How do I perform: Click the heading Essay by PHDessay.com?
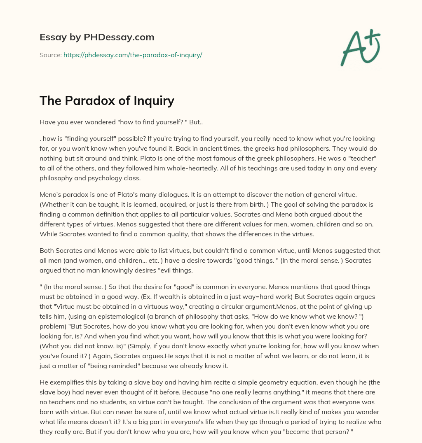97,37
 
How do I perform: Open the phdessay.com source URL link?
132,55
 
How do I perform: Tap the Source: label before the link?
50,55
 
